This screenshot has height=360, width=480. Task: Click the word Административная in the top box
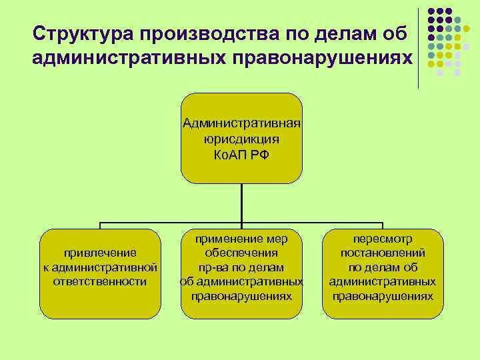coord(241,124)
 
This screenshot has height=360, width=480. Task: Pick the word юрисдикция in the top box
coord(241,139)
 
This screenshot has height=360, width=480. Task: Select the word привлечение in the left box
coord(100,253)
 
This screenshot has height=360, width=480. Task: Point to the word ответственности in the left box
coord(100,281)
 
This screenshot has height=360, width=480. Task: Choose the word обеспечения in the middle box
coord(241,253)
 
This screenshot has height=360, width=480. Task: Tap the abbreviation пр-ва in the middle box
coord(213,267)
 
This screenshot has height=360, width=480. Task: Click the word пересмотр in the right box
coord(383,238)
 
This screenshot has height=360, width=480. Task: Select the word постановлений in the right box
coord(383,253)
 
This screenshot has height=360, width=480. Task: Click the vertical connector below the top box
coord(241,203)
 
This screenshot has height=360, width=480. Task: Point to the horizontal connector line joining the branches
coord(167,223)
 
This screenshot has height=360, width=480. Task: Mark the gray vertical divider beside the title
coord(419,47)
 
